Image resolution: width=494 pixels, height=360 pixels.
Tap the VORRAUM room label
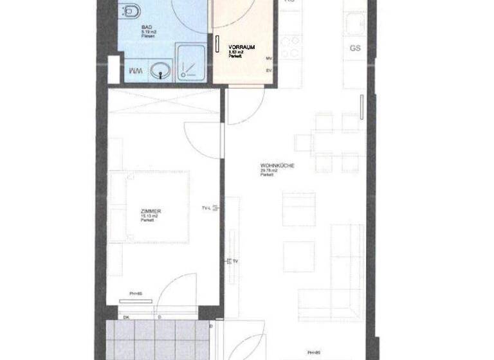point(242,48)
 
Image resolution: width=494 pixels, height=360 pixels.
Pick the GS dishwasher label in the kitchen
point(354,48)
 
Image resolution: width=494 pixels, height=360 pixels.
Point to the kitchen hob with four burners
point(291,47)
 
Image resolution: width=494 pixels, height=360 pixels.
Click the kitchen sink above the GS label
point(355,26)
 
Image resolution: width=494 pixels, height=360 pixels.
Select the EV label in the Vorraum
point(269,69)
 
